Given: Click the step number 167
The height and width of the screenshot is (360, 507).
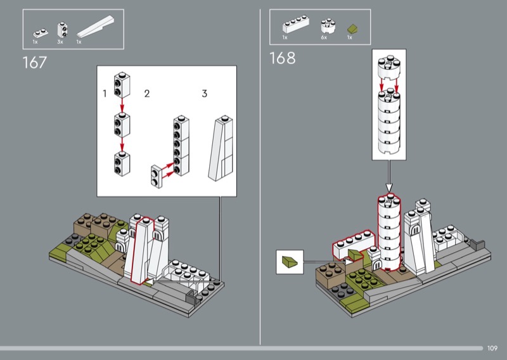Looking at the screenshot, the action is [35, 62].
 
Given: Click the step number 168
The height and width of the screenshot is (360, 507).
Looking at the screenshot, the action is [282, 58].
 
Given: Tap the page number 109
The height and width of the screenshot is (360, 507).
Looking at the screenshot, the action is [492, 348].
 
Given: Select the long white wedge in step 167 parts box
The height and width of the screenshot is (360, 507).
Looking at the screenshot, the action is [96, 27].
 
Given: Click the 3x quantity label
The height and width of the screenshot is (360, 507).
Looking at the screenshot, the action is [60, 42].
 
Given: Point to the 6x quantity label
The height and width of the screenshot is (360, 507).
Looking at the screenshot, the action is [324, 37].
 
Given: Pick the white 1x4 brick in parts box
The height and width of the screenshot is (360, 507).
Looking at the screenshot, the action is [295, 24].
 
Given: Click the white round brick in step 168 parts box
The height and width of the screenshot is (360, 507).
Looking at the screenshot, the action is [328, 26].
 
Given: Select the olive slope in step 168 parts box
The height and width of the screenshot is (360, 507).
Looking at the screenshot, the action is [352, 29].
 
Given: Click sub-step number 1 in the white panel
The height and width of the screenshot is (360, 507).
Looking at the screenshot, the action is [105, 93].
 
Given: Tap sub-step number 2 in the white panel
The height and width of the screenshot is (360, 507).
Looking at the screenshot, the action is [147, 93].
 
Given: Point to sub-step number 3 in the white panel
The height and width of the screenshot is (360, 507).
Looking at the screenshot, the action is [204, 93].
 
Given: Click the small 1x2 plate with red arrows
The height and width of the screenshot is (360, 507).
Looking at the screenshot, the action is [157, 177].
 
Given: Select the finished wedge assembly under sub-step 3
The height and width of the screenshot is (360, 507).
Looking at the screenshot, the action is [221, 148].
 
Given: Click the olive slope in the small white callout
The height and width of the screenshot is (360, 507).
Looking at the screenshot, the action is [290, 262].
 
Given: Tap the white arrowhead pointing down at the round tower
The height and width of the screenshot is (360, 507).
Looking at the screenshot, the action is [389, 188].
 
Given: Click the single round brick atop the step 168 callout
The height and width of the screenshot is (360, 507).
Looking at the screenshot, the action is [389, 67].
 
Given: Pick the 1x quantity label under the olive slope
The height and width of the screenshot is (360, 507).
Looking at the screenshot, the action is [350, 37].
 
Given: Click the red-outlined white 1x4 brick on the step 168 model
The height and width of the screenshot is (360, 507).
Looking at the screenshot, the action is [354, 244].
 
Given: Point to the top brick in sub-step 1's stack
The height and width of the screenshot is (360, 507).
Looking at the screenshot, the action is [122, 85].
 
